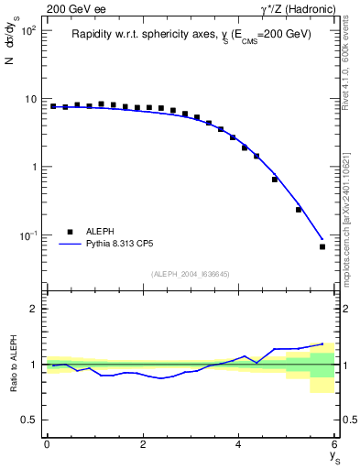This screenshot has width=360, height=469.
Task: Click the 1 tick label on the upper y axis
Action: tap(34, 167)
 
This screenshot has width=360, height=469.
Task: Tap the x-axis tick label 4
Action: tap(239, 444)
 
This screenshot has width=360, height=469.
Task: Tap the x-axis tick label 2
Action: tap(143, 444)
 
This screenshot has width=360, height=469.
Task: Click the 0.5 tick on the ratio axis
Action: tap(29, 420)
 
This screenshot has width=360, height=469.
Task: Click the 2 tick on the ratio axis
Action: tap(34, 309)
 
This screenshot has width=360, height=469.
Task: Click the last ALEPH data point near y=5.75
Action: tap(322, 246)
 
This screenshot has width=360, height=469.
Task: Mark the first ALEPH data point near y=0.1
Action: tap(53, 106)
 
